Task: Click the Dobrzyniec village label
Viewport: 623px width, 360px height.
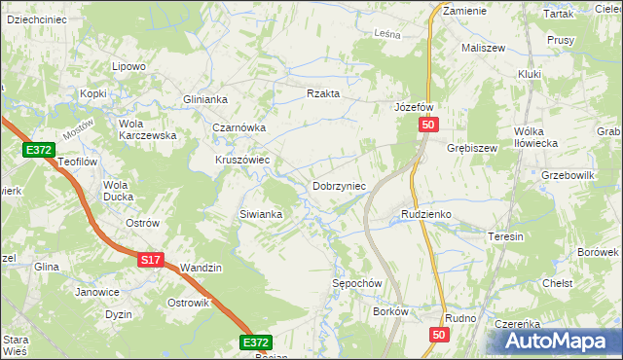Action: pyautogui.click(x=339, y=185)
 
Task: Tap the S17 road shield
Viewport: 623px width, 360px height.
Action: pyautogui.click(x=149, y=261)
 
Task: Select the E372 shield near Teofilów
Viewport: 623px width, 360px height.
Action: pyautogui.click(x=39, y=150)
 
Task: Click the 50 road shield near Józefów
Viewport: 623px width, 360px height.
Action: pyautogui.click(x=430, y=126)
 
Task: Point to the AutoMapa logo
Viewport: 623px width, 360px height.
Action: pyautogui.click(x=559, y=342)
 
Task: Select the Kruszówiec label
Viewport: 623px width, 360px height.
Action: pyautogui.click(x=242, y=160)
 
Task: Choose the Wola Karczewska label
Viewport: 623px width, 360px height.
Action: pyautogui.click(x=147, y=129)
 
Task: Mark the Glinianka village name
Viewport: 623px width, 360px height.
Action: pyautogui.click(x=205, y=99)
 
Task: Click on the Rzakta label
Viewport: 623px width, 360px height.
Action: pyautogui.click(x=323, y=93)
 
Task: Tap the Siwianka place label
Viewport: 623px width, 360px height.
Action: pyautogui.click(x=261, y=214)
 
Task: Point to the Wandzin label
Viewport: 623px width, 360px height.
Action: pyautogui.click(x=202, y=268)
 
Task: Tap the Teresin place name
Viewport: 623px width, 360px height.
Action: pyautogui.click(x=506, y=236)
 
